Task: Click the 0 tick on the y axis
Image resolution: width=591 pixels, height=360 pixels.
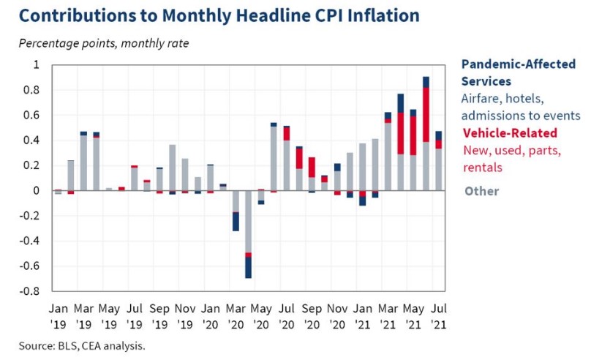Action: coord(37,191)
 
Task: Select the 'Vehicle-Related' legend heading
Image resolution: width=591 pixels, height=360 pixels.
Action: coord(510,133)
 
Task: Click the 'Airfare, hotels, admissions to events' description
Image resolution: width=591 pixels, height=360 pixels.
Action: coord(520,107)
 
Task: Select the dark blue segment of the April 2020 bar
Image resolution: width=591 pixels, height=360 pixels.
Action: coord(249,268)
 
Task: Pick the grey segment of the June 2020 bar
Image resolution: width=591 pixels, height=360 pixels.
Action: coord(274,158)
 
